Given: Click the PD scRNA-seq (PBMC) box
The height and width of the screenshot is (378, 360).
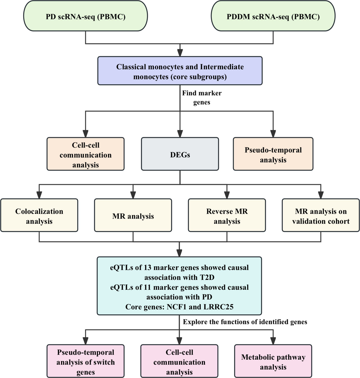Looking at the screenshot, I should [x=85, y=17].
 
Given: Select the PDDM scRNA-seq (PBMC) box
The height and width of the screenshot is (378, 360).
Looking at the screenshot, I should [x=273, y=17].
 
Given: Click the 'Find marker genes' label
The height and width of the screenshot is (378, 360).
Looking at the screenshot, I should [x=202, y=98].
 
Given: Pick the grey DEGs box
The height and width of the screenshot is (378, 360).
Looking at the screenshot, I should [x=180, y=154].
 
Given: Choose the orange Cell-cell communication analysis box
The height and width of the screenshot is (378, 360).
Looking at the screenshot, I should [x=85, y=154].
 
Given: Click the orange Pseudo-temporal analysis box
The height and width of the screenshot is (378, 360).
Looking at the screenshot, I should [x=273, y=154].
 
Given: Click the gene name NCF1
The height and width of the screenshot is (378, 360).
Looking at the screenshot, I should [x=187, y=307].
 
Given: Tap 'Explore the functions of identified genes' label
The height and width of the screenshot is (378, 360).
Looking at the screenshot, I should [x=245, y=322].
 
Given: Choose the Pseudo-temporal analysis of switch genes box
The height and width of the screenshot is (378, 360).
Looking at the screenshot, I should [x=85, y=361].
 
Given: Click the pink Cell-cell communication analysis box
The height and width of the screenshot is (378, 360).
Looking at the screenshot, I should [x=179, y=361].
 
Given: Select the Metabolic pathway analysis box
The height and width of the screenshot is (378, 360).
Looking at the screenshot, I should [x=273, y=361].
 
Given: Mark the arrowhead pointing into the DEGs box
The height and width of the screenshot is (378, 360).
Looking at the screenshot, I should [x=180, y=134].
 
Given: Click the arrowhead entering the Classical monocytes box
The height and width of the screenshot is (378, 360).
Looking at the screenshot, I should [x=180, y=53].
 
